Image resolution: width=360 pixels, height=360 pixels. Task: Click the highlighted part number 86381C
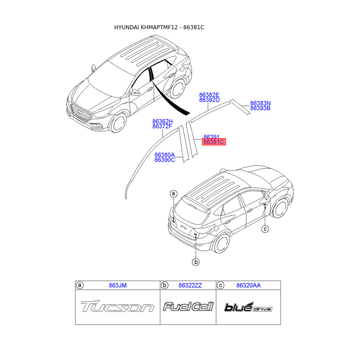point(213,142)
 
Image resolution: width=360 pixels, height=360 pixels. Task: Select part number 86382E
point(209,95)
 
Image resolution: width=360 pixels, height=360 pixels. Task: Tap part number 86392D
point(209,100)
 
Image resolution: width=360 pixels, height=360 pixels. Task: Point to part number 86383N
point(260,103)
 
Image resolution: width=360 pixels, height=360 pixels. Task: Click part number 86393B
point(260,108)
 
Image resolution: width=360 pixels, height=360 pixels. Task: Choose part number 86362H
point(162,121)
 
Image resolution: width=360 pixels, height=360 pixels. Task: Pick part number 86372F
point(162,126)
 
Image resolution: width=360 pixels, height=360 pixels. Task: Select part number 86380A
point(165,155)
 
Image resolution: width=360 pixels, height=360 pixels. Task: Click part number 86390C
point(165,160)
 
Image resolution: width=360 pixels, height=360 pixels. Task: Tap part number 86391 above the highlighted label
point(211,137)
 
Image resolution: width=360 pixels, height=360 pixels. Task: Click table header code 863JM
point(117,285)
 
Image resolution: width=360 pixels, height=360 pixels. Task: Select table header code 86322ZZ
point(190,285)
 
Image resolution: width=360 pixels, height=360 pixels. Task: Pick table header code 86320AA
point(248,285)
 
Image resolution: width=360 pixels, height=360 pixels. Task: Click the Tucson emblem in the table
point(117,307)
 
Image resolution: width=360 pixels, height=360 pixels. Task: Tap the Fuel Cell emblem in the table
point(188,307)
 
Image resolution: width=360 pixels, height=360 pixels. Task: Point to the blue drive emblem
point(248,307)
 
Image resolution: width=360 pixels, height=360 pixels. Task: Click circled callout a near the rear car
point(173,194)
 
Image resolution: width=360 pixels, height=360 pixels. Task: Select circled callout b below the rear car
point(196,262)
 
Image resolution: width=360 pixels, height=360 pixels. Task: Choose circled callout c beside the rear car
point(265,229)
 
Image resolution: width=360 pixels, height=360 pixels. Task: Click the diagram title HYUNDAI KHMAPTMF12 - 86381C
point(159,27)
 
